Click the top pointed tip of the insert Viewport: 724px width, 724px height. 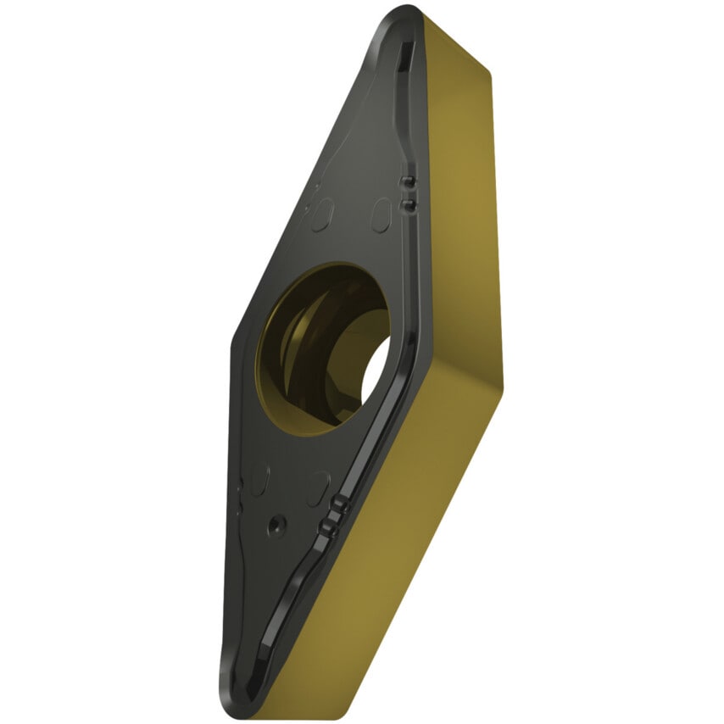[405, 12]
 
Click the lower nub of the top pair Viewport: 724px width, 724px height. [407, 204]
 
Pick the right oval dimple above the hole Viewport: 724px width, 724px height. [381, 214]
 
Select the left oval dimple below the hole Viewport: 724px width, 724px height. [260, 479]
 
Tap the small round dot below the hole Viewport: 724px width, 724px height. [275, 526]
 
